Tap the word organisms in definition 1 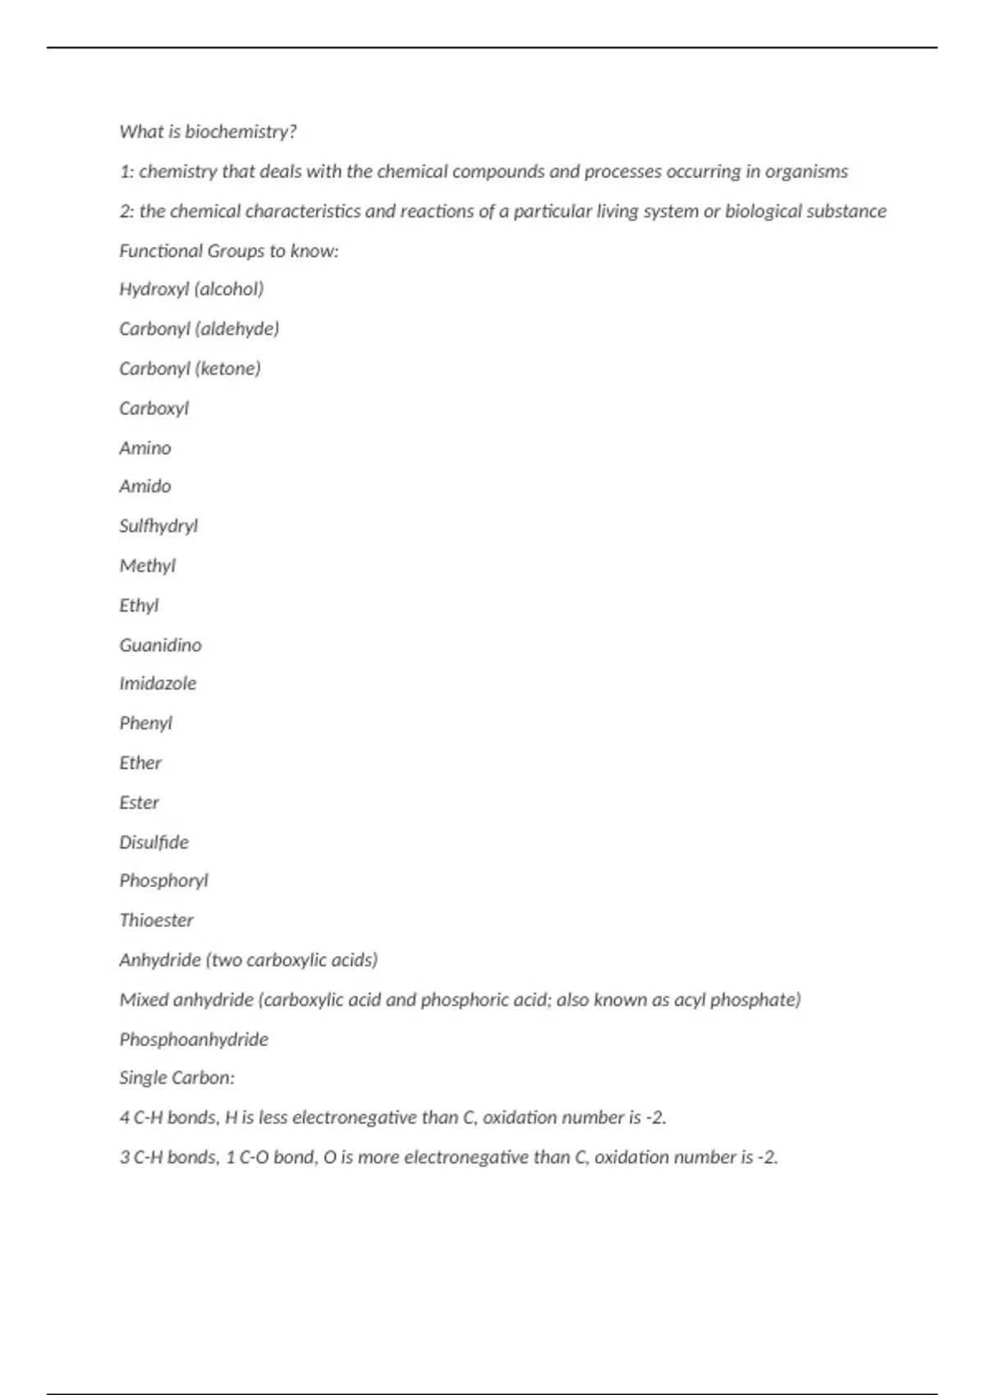point(806,172)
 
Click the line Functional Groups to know point(228,250)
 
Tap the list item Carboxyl point(153,408)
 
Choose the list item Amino point(145,448)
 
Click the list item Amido point(145,486)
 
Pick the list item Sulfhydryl point(158,526)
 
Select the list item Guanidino point(160,645)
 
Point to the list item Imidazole point(158,683)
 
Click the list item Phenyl point(145,723)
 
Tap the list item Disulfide point(153,842)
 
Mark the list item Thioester point(156,920)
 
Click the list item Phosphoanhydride point(194,1039)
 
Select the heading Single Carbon point(176,1077)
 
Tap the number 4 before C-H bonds point(125,1118)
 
